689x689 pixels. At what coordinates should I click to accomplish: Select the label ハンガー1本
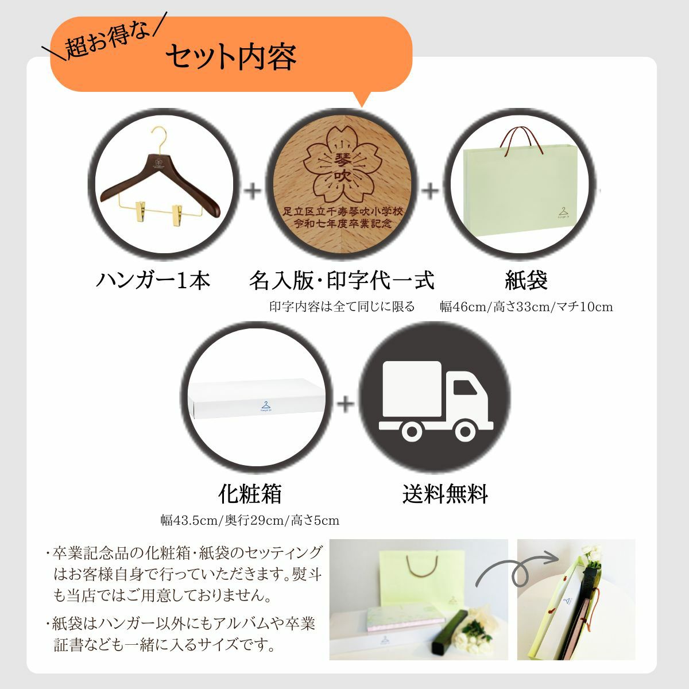(153, 280)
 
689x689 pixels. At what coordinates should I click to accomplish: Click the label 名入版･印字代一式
(342, 280)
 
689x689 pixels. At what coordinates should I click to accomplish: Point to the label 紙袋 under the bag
(526, 280)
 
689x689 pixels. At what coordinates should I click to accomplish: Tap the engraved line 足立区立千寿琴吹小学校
(343, 212)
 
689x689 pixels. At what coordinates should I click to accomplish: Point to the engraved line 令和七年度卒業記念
(343, 224)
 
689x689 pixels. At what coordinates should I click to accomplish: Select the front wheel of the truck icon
(466, 431)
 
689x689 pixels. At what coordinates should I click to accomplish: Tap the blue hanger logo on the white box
(265, 406)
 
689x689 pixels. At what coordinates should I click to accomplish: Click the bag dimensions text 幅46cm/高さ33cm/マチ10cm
(527, 307)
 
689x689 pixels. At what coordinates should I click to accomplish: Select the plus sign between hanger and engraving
(253, 191)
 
